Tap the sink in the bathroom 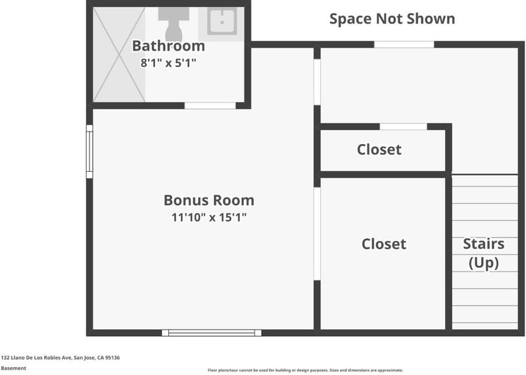point(222,21)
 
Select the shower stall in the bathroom point(119,55)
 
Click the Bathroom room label point(168,46)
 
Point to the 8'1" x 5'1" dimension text point(168,63)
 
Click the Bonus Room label point(208,200)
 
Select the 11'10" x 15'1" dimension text point(209,217)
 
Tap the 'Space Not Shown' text point(392,19)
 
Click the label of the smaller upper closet point(379,149)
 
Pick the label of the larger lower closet point(384,243)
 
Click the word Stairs point(483,243)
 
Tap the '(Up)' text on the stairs point(483,262)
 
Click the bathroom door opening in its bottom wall point(210,106)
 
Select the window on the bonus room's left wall point(89,151)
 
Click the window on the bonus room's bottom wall point(211,333)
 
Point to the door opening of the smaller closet point(403,126)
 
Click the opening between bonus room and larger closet point(317,234)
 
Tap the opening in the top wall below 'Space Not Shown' point(404,44)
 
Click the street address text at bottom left point(60,357)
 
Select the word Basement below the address point(13,368)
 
